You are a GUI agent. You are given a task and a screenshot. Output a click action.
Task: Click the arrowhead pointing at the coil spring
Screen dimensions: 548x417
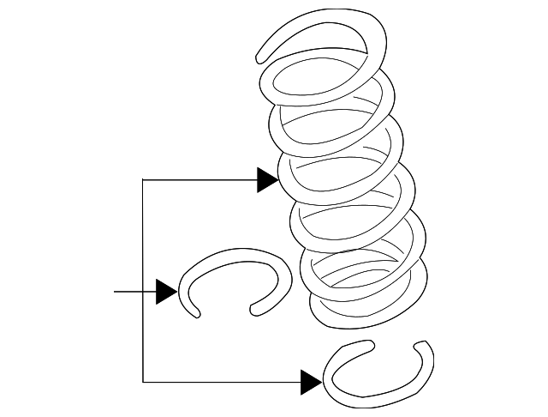coord(268,180)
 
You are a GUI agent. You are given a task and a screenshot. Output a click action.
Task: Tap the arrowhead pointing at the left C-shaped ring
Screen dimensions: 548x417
coord(166,293)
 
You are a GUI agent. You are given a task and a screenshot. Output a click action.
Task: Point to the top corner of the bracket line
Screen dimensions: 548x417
coord(143,180)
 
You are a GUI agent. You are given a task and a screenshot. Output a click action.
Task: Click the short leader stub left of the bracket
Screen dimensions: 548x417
coord(128,293)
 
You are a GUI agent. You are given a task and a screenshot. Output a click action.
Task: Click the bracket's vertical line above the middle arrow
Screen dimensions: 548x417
coord(143,236)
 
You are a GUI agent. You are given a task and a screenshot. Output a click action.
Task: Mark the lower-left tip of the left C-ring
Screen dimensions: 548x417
coord(198,315)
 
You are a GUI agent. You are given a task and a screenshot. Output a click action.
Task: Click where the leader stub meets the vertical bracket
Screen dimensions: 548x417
coord(143,293)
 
